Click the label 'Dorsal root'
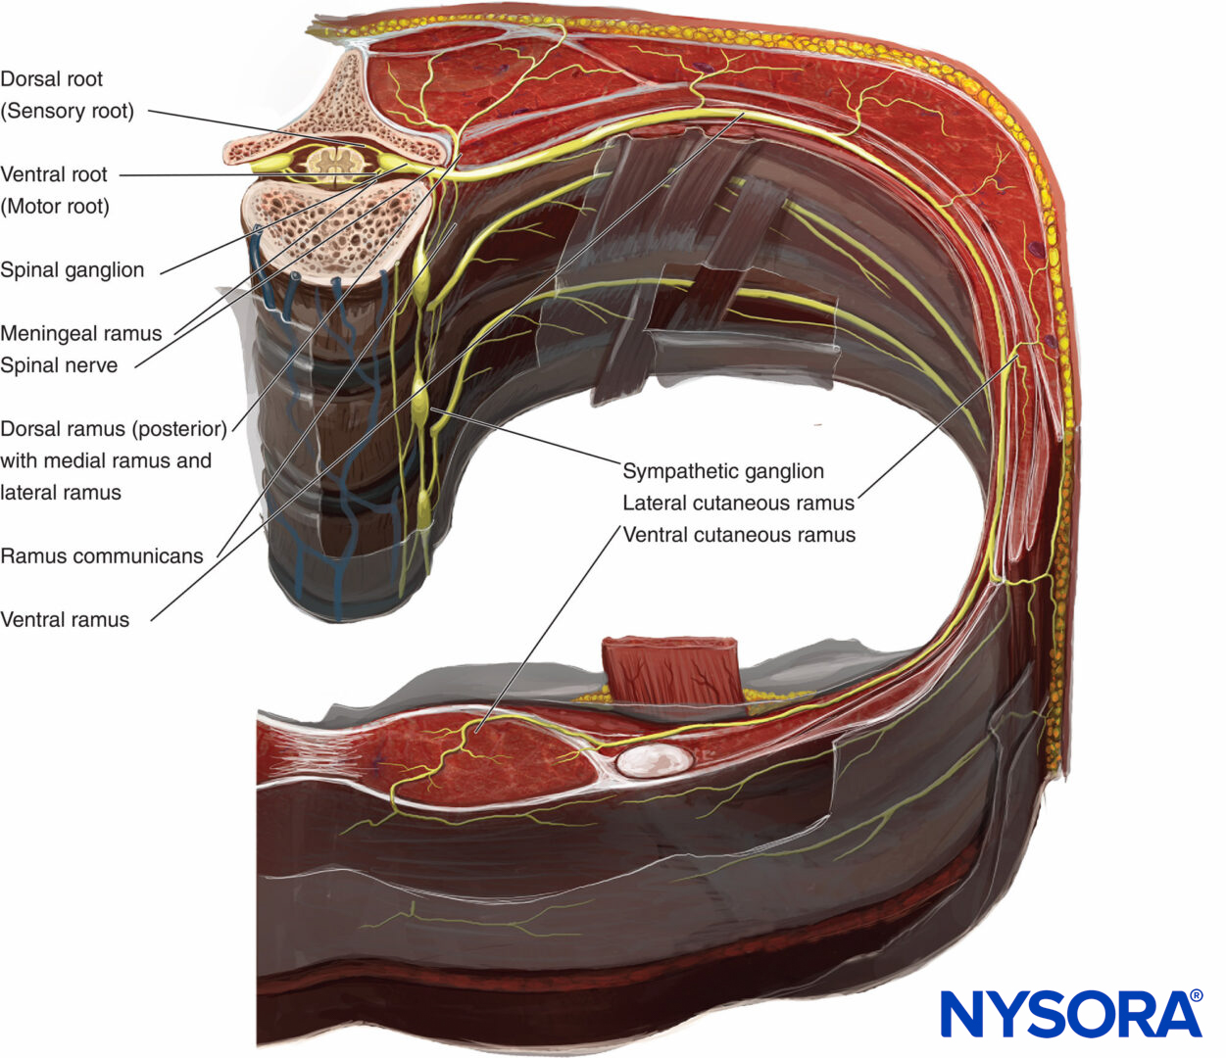[52, 79]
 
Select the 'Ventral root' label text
[54, 174]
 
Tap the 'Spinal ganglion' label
[73, 270]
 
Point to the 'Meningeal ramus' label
[81, 333]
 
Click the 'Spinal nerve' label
[59, 365]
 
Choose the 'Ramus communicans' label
[102, 556]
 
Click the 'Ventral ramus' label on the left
[65, 620]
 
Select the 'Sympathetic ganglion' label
[723, 471]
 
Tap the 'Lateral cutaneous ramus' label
[739, 504]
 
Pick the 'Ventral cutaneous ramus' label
[740, 535]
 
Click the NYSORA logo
[1068, 1015]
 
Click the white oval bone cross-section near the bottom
[655, 759]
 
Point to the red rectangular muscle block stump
[670, 669]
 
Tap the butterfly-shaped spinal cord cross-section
[337, 161]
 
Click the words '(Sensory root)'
[68, 111]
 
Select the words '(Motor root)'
[55, 207]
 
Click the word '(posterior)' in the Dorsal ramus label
[182, 429]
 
